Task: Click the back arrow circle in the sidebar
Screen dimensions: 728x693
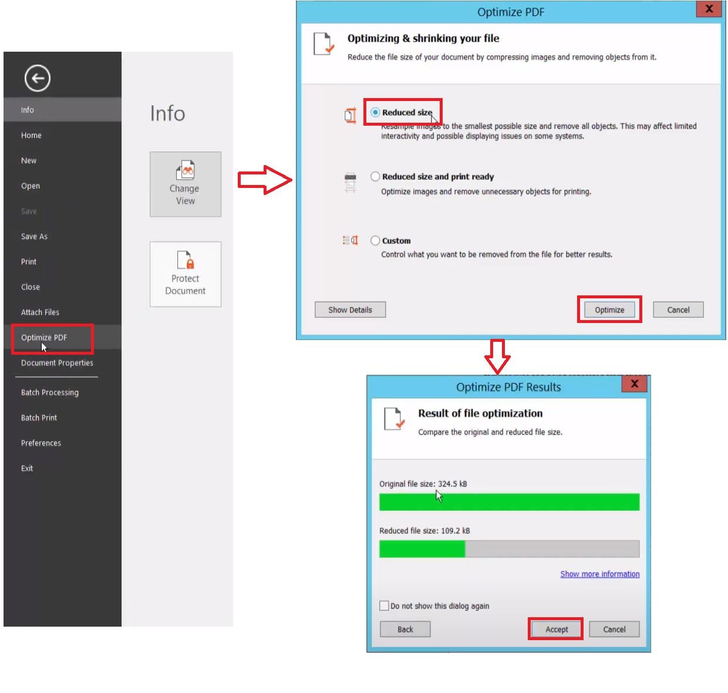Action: (38, 78)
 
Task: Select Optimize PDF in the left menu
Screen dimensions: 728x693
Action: (43, 338)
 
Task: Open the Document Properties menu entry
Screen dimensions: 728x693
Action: (57, 362)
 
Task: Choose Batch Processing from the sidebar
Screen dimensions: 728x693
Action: (50, 392)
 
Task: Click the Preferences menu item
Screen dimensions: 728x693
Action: (41, 443)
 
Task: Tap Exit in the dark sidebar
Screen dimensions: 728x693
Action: (26, 468)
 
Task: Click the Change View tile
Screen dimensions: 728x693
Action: (185, 184)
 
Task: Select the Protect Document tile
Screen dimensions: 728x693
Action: (185, 274)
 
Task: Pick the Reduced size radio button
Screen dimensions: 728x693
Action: (375, 112)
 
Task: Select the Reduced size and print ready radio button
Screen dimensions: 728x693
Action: (375, 176)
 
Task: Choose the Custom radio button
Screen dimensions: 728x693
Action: (375, 241)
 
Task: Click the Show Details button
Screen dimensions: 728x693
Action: (350, 310)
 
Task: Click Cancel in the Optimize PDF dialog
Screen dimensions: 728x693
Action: (678, 310)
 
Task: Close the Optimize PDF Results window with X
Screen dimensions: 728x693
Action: (634, 383)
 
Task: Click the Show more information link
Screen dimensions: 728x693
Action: (599, 574)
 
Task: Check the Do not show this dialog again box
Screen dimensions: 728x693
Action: (384, 605)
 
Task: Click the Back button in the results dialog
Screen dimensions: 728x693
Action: (405, 630)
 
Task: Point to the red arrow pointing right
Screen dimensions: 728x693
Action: (265, 180)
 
